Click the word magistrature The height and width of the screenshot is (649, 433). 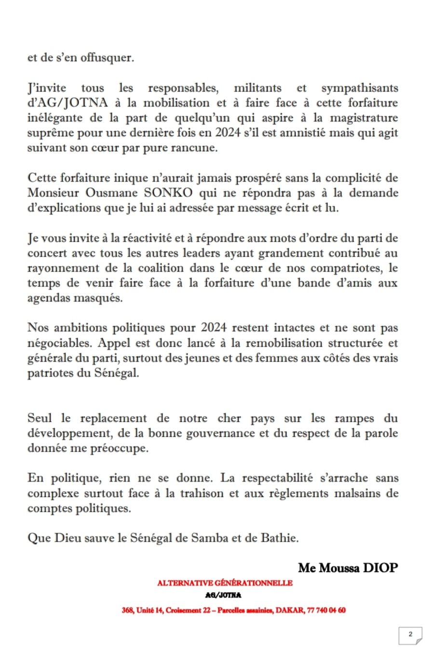[364, 118]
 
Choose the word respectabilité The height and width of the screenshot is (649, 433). [280, 478]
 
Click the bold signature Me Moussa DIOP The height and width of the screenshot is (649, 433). [348, 568]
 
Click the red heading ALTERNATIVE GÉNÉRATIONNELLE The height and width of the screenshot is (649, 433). [224, 583]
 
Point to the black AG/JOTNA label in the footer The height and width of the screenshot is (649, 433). [223, 595]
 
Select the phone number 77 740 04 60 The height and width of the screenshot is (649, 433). [326, 610]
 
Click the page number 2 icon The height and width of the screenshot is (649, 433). [410, 635]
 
